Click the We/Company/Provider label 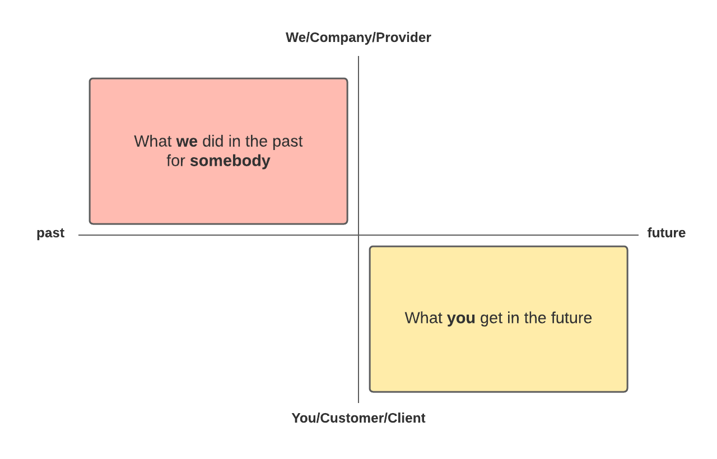[x=358, y=38]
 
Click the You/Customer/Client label [x=358, y=418]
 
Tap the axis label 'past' [x=50, y=233]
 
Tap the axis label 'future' [x=667, y=232]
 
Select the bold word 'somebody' [x=230, y=161]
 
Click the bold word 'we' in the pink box [x=187, y=142]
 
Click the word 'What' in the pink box [x=153, y=142]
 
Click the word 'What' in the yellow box [x=424, y=318]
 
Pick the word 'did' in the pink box [x=213, y=142]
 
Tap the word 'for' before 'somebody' [x=176, y=161]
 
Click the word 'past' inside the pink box [x=287, y=142]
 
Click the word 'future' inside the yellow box [x=571, y=318]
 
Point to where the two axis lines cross [x=358, y=235]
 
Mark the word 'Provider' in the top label [x=403, y=38]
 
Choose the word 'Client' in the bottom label [x=407, y=418]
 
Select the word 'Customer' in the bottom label [x=352, y=418]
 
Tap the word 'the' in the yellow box [x=535, y=318]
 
